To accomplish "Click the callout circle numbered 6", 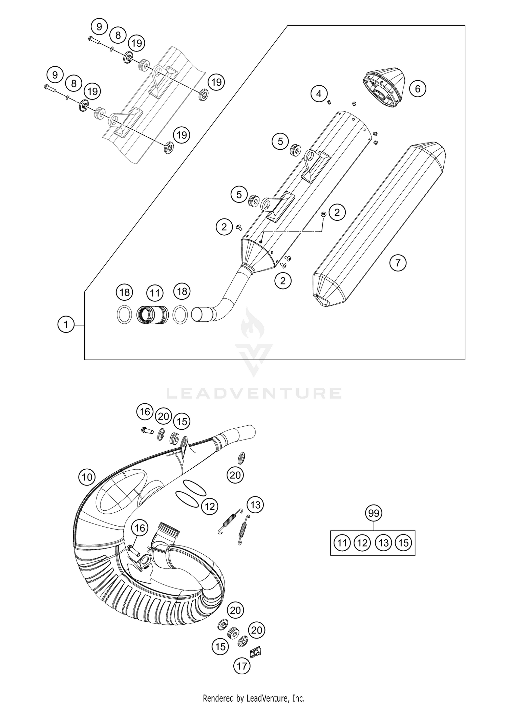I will click(x=417, y=89).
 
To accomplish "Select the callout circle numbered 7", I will click(x=398, y=262).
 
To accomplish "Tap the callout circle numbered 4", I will click(x=319, y=93).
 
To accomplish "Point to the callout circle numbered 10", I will click(x=87, y=477).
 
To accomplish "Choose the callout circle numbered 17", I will click(x=242, y=666).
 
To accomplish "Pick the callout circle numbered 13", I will click(x=255, y=505).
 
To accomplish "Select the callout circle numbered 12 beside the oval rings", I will click(x=210, y=506).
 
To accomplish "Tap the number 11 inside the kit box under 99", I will click(x=342, y=543).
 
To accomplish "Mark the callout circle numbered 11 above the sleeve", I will click(x=155, y=293).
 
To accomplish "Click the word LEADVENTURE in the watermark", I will click(x=254, y=393).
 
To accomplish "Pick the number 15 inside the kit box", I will click(x=403, y=543).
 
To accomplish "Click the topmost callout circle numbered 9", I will click(x=99, y=26).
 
